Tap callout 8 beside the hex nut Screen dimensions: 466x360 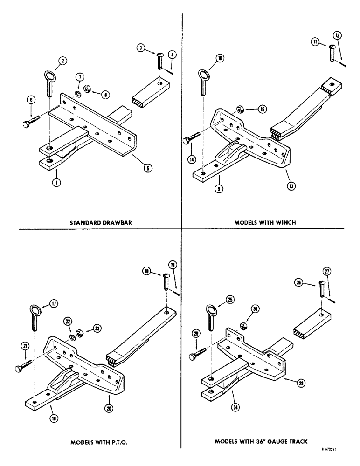coord(106,95)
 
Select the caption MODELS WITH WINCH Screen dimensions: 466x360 coord(268,222)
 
